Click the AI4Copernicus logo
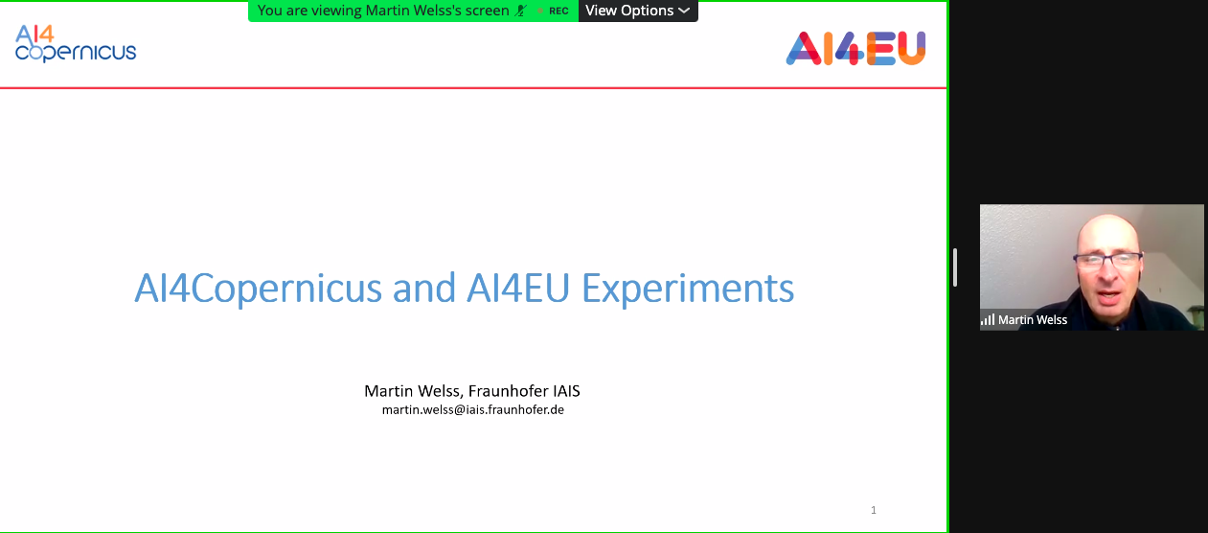76,44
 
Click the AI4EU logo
855,48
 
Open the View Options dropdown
637,11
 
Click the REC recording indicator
558,12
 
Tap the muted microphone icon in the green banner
522,11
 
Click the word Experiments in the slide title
688,288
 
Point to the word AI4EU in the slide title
514,288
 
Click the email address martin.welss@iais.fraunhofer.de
472,409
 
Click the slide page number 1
873,510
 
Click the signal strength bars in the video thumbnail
988,319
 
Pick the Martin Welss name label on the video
1033,320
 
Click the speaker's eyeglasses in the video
1107,259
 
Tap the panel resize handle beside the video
955,266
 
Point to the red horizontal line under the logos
473,88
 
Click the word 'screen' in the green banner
486,11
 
